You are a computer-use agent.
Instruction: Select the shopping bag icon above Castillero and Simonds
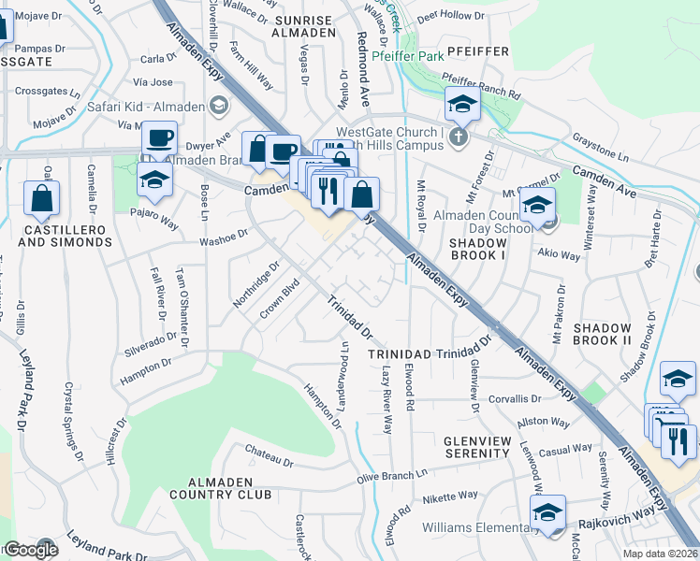(x=41, y=198)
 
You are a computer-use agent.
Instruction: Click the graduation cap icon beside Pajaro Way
(x=154, y=180)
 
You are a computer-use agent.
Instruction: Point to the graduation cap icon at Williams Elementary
(x=547, y=512)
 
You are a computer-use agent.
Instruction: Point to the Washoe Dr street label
(x=224, y=240)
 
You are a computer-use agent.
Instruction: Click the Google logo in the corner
(x=30, y=550)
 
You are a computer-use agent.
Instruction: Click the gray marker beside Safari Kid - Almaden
(x=220, y=106)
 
